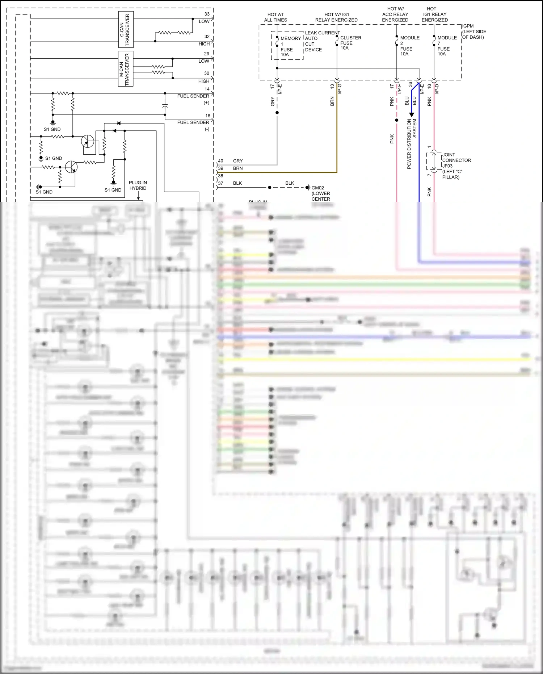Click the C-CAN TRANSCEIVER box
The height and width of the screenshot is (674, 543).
point(126,29)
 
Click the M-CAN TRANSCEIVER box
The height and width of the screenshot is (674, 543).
point(126,68)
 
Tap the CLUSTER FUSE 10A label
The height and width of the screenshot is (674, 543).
point(350,43)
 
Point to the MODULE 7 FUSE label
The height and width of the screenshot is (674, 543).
point(446,46)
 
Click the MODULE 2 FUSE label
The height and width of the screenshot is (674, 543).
point(409,46)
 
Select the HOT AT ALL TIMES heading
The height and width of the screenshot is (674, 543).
point(275,17)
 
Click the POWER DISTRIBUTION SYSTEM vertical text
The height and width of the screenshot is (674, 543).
point(412,144)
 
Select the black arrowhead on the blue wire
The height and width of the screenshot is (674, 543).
point(411,114)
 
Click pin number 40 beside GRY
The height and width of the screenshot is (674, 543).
point(220,161)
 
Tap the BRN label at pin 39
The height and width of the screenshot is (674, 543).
point(238,168)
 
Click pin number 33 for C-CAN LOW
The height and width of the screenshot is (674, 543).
point(207,14)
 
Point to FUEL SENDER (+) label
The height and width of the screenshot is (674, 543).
point(194,99)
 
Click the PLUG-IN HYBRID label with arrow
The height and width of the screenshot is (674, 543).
point(138,185)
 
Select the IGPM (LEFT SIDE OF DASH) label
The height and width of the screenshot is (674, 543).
point(473,32)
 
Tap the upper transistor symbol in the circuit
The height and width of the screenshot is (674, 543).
point(87,141)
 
